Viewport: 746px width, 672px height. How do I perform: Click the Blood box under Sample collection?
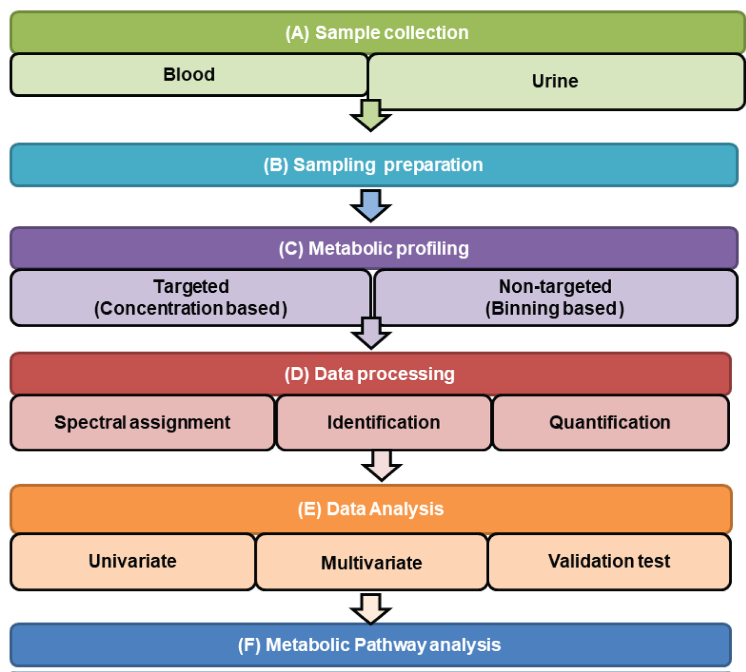(x=189, y=75)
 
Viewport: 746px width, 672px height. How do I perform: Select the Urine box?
(x=556, y=82)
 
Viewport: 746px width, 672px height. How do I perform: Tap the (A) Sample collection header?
(x=377, y=33)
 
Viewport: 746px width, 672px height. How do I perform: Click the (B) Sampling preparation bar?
(x=373, y=165)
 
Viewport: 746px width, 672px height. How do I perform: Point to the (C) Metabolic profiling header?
(x=373, y=249)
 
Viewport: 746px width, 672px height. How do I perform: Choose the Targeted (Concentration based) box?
(x=191, y=298)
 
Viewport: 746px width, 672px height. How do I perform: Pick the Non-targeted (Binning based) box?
(x=556, y=298)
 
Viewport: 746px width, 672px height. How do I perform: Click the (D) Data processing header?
(x=371, y=374)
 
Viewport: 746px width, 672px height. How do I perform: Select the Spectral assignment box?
(x=142, y=423)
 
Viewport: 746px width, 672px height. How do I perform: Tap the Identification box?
(x=384, y=423)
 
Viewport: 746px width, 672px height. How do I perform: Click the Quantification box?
(x=610, y=423)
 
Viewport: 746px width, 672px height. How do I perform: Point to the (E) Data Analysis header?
(x=371, y=509)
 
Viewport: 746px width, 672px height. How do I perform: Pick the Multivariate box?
(x=372, y=563)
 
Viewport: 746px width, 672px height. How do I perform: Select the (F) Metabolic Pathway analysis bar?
(x=371, y=645)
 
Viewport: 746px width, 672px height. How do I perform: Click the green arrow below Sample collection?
(x=371, y=116)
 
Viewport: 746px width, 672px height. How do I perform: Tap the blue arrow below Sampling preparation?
(x=371, y=206)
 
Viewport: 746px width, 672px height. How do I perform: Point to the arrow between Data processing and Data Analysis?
(x=382, y=466)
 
